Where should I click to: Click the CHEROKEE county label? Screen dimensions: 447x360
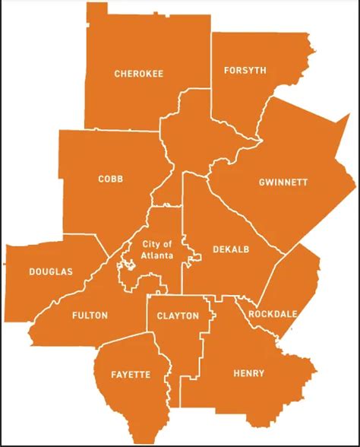coord(139,74)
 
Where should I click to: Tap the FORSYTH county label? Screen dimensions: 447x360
coord(245,71)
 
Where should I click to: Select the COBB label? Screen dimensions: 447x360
coord(110,179)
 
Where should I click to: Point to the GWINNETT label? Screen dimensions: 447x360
coord(283,182)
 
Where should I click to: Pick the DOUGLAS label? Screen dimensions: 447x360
coord(51,271)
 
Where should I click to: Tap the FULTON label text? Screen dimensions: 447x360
coord(90,315)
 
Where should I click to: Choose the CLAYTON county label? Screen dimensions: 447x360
coord(178,315)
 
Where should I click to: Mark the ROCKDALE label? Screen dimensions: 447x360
coord(271,314)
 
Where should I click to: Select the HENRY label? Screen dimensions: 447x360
coord(249,373)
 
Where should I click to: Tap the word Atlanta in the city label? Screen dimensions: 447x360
coord(157,255)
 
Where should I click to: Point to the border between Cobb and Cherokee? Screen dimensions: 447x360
coord(114,130)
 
